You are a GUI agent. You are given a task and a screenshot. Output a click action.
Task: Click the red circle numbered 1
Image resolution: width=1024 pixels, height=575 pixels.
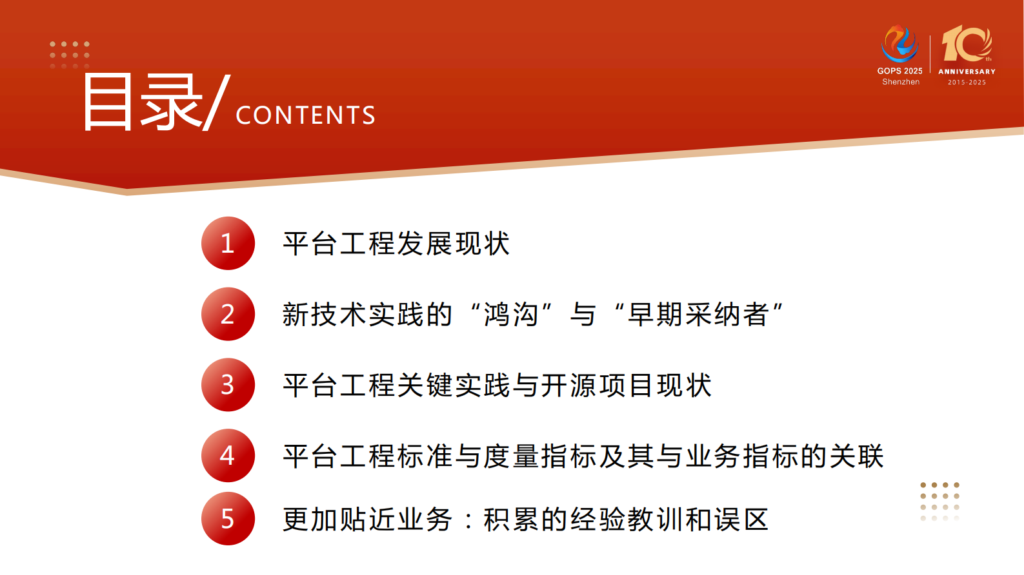point(228,244)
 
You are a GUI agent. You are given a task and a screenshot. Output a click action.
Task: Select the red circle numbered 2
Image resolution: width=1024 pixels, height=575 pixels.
point(228,315)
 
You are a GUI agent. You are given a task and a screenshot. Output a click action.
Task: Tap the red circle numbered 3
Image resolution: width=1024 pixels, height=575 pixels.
point(228,385)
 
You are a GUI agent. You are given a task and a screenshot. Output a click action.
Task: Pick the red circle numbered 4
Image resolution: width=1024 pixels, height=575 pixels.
point(228,456)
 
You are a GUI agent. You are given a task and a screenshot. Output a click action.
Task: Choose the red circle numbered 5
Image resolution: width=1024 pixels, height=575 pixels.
point(228,519)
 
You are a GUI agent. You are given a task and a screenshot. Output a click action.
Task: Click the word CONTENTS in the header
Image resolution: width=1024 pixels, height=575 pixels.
point(305,115)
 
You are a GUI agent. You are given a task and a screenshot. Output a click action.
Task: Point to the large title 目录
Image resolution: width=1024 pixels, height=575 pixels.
point(142,102)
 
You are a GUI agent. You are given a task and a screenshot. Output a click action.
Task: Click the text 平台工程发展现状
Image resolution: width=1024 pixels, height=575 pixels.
point(396,244)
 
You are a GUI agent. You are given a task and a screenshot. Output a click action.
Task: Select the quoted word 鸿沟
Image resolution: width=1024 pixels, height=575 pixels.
point(510,315)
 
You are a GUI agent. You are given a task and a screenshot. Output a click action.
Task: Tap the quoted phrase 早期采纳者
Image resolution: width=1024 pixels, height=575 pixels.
point(698,315)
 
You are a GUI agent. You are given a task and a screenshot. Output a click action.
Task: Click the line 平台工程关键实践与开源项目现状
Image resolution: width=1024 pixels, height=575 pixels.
point(497,385)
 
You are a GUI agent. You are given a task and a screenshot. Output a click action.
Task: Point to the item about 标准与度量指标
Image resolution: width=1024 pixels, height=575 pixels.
point(583,456)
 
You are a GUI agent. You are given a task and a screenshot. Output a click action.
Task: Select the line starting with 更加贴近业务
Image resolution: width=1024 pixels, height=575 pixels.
point(525,520)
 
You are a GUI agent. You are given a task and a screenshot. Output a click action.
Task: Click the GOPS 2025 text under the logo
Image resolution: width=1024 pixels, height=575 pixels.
point(899,71)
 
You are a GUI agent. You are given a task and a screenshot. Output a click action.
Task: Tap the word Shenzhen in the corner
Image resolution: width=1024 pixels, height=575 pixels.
point(901,82)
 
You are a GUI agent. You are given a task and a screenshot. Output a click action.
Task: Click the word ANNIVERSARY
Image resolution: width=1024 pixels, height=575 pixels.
point(967,72)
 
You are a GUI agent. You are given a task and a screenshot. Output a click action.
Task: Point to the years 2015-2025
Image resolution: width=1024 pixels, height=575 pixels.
point(967,83)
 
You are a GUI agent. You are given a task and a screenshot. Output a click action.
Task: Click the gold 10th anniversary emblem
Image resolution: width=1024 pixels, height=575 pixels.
point(967,44)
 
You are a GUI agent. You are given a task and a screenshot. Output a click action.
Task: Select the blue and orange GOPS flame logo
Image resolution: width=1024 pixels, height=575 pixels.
point(899,43)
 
